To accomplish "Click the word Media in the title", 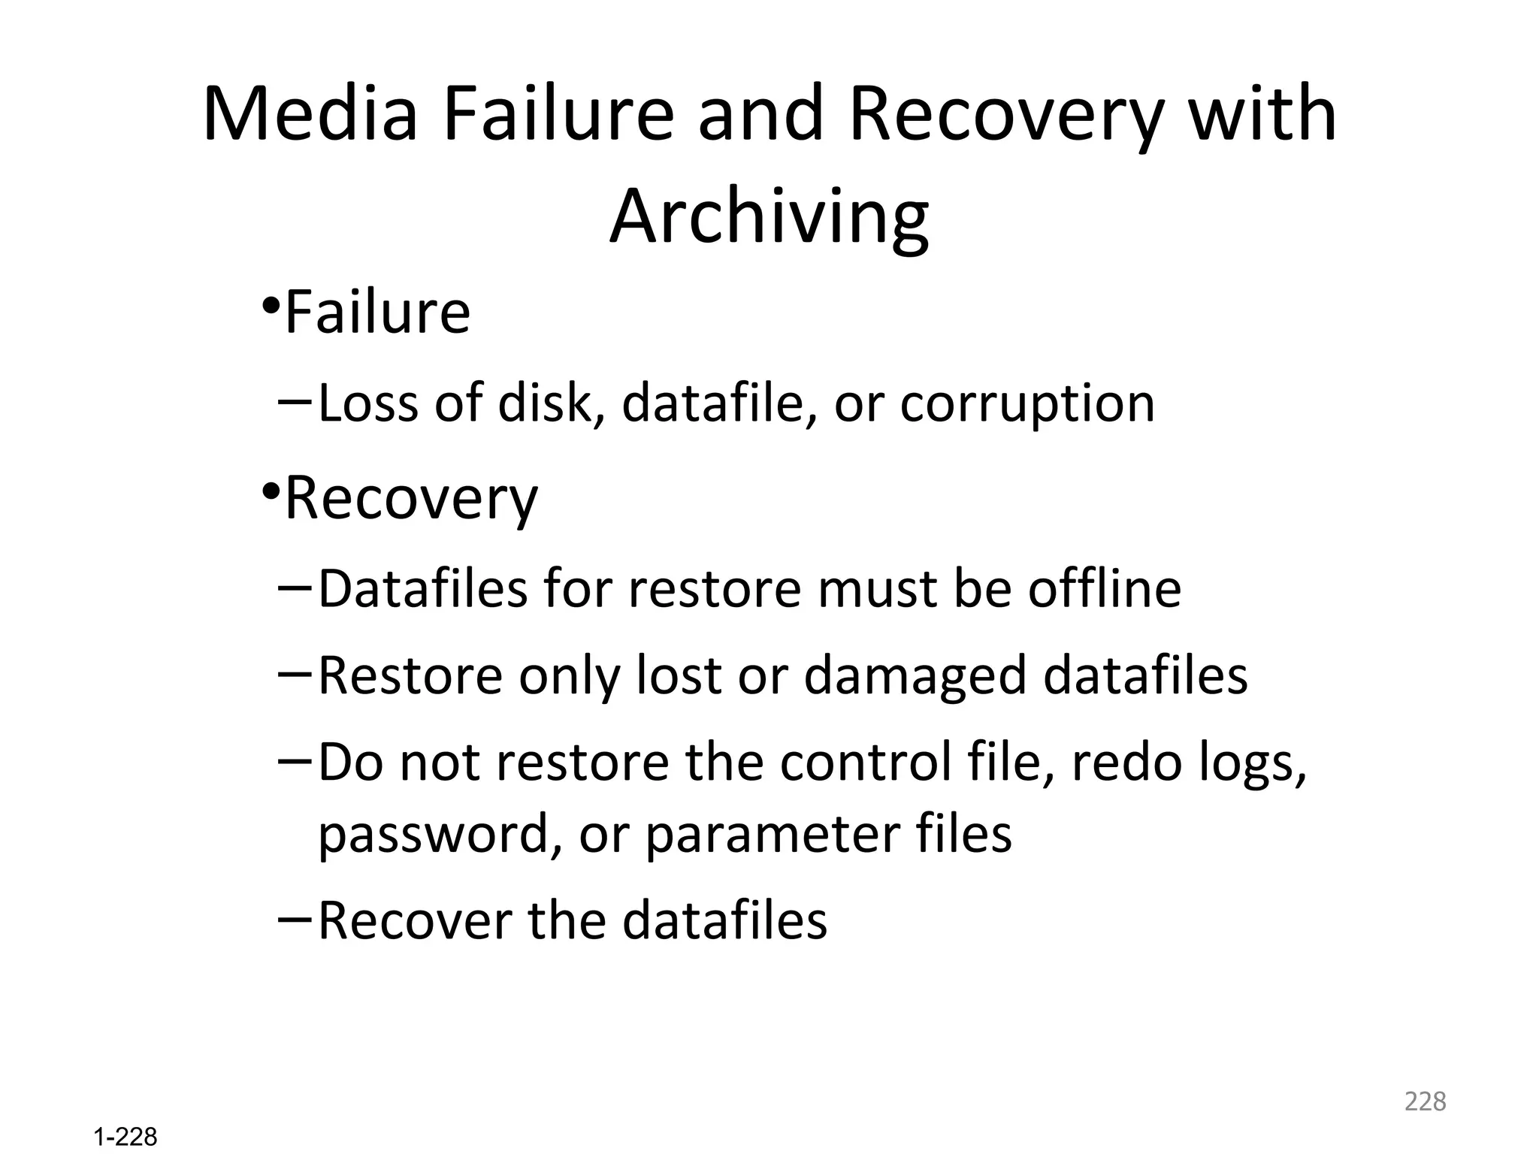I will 310,115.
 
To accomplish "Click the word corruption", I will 1027,403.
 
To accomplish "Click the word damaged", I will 915,675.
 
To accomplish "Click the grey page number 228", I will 1425,1101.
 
